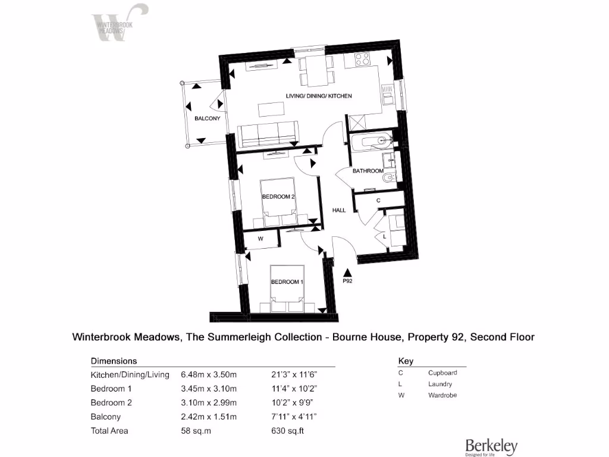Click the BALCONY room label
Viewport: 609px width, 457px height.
coord(207,118)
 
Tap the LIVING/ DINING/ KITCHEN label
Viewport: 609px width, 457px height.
coord(319,96)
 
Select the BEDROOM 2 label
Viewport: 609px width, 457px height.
coord(278,196)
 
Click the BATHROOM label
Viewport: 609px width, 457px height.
coord(368,171)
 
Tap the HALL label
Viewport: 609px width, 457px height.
coord(339,210)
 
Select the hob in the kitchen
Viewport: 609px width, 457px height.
coord(362,60)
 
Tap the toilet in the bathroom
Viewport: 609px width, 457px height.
coord(388,178)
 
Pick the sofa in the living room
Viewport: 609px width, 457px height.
coord(268,134)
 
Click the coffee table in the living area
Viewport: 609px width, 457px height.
coord(271,109)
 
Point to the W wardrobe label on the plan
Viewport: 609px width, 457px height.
coord(260,239)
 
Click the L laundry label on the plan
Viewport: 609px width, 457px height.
coord(385,237)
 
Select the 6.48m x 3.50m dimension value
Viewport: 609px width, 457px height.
coord(209,375)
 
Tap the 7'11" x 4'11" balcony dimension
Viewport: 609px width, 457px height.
coord(294,417)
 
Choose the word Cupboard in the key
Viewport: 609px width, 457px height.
coord(442,373)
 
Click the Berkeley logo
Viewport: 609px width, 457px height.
coord(491,446)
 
